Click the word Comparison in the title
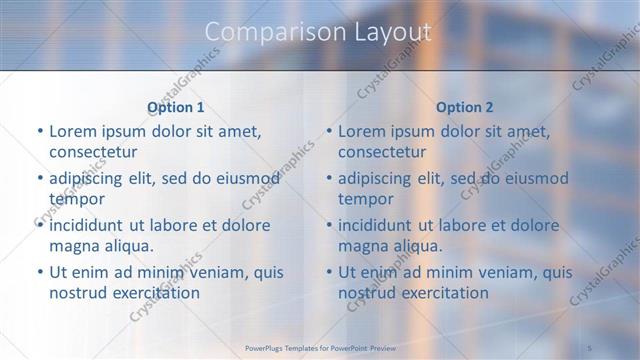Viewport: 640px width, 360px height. point(265,32)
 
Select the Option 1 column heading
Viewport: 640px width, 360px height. point(175,106)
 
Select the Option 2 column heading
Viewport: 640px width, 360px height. point(465,106)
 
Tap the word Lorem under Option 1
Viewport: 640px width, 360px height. point(71,131)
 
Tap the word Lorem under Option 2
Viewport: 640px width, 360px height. point(361,131)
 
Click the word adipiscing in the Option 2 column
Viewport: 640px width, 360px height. point(382,178)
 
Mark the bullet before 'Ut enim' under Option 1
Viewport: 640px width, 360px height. point(39,272)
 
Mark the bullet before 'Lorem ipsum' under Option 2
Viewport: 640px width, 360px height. point(329,131)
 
